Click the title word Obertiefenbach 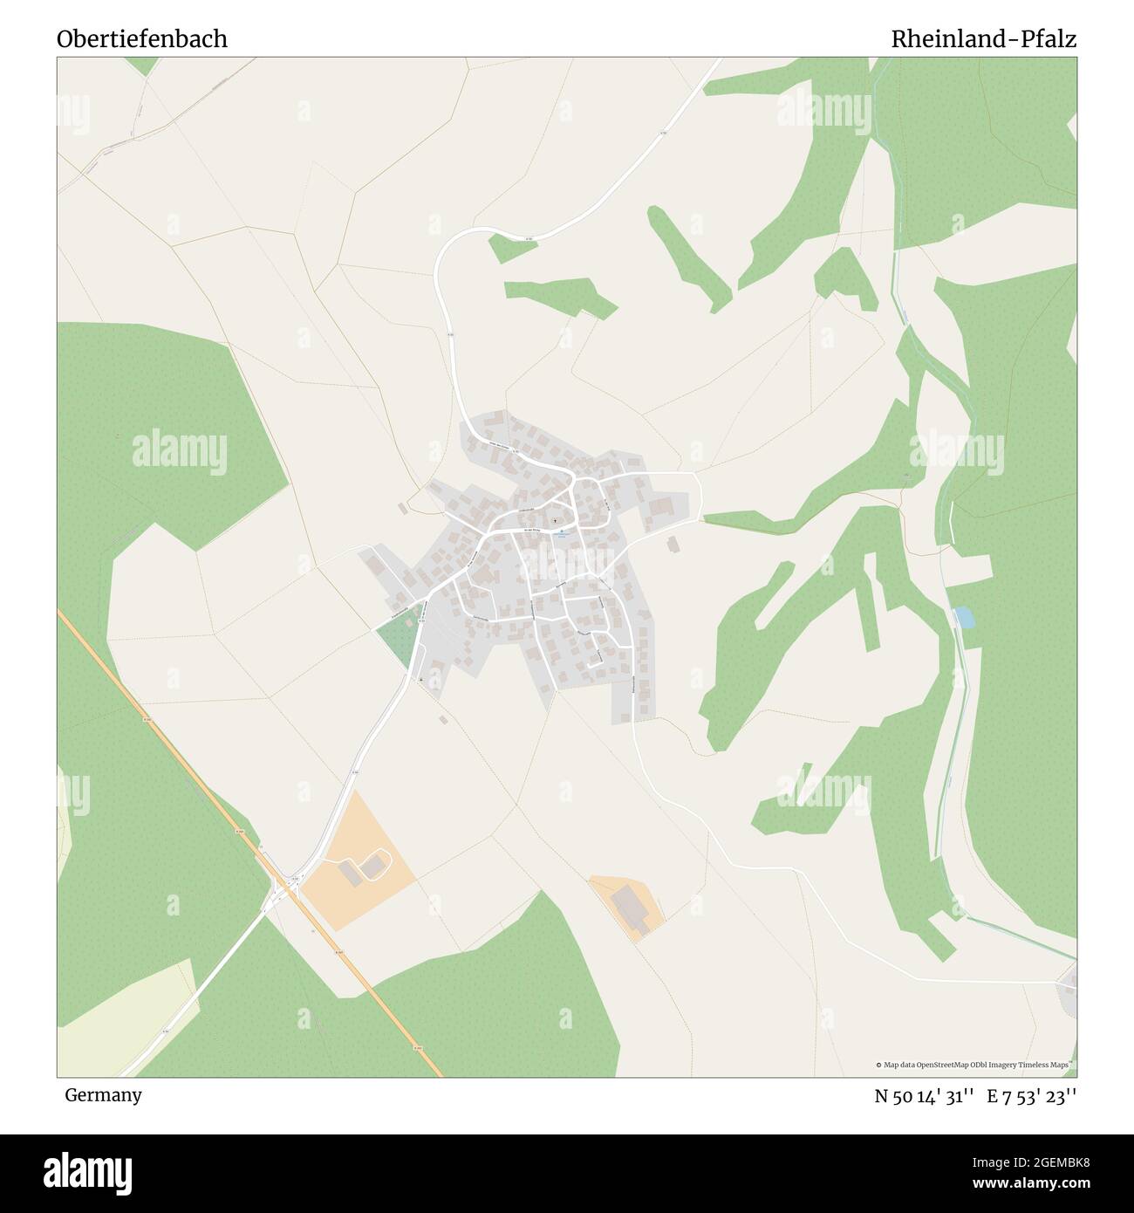(x=142, y=39)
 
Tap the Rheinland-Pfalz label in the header (x=983, y=39)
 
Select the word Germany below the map (x=103, y=1095)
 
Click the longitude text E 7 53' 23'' (x=1032, y=1096)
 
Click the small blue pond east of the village (x=964, y=617)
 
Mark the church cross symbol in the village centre (x=554, y=521)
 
